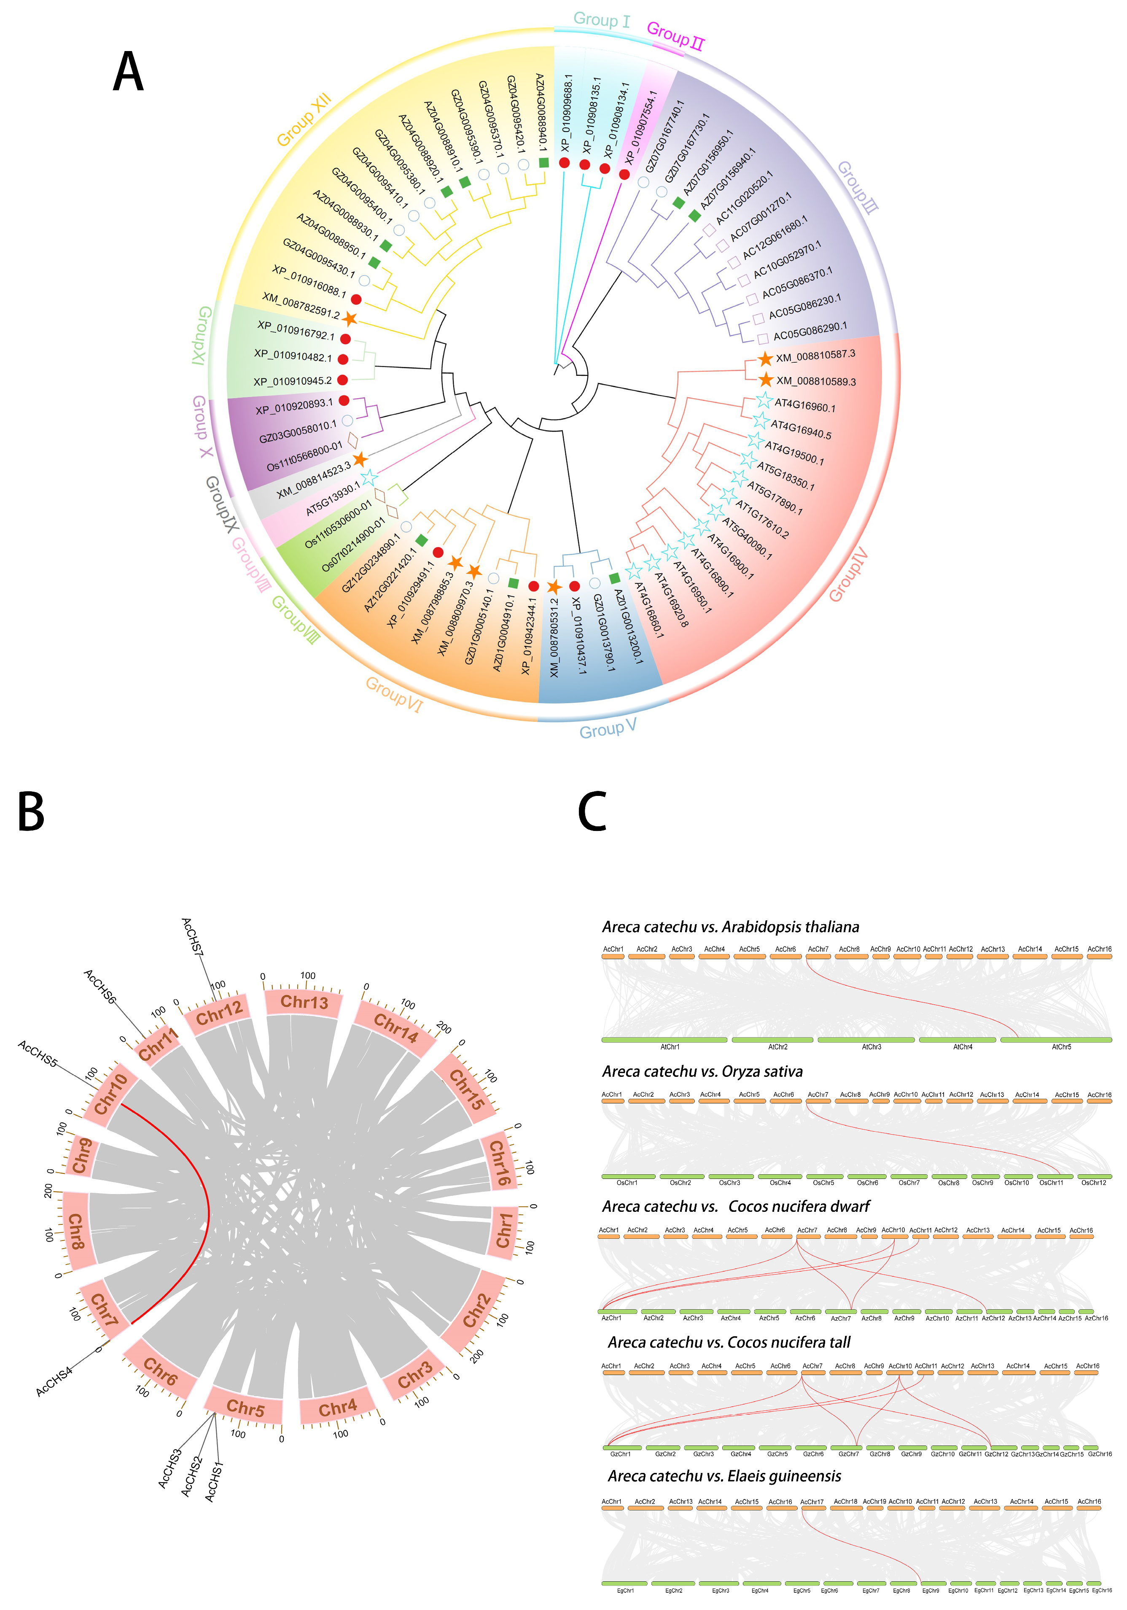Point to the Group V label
tap(608, 728)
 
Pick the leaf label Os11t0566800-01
tap(304, 456)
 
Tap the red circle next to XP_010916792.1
tap(345, 339)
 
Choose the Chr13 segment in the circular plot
tap(304, 1001)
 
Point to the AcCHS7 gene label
tap(193, 936)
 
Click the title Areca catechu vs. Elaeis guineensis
tap(724, 1476)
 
